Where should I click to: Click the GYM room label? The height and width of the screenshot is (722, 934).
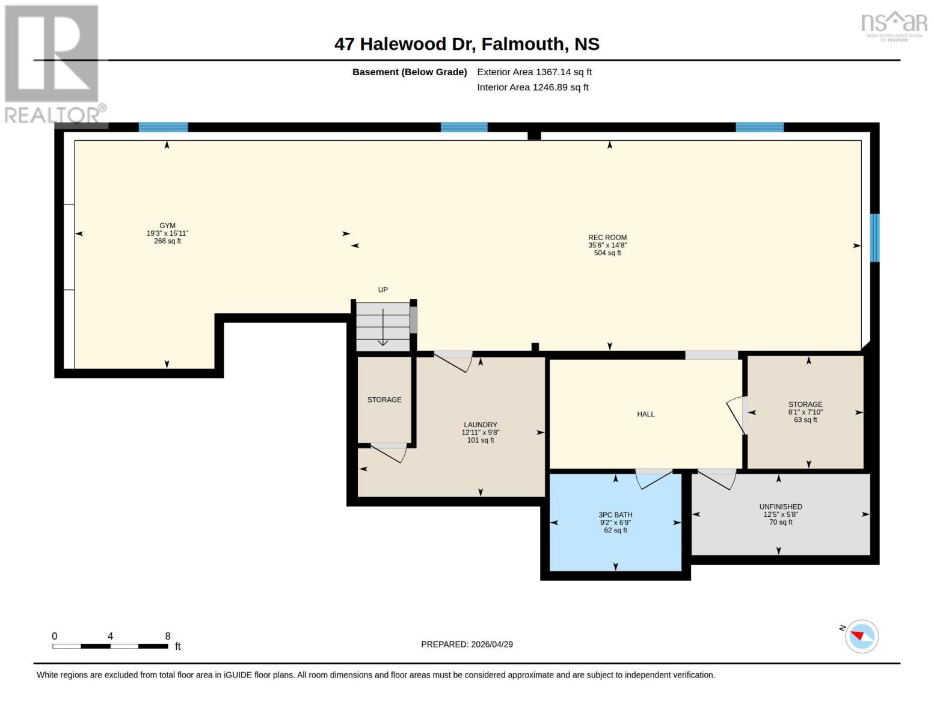tap(167, 226)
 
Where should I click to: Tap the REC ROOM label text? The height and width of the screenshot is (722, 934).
tap(607, 238)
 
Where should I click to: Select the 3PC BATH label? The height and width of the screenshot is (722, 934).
tap(615, 515)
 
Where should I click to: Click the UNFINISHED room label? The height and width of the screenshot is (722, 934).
tap(781, 507)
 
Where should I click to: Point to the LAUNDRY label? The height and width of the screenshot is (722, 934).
tap(481, 425)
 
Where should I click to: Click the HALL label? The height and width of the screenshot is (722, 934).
tap(646, 414)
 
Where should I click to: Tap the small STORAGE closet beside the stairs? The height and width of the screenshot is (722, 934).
tap(384, 400)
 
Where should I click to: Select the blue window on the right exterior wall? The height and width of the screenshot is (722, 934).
tap(875, 238)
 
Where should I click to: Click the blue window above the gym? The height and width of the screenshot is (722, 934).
tap(163, 127)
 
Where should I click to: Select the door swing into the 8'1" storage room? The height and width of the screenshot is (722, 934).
tap(737, 415)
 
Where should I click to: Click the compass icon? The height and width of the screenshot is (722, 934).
tap(861, 636)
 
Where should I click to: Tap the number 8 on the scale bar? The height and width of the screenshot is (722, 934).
tap(168, 636)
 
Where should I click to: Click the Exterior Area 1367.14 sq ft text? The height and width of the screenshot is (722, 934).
tap(534, 72)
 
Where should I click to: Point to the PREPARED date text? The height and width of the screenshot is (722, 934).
tap(467, 644)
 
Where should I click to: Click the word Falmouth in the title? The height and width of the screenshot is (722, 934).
tap(523, 44)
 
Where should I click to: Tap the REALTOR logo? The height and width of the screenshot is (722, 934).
tap(53, 63)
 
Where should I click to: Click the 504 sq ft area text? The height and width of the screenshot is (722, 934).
tap(607, 253)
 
